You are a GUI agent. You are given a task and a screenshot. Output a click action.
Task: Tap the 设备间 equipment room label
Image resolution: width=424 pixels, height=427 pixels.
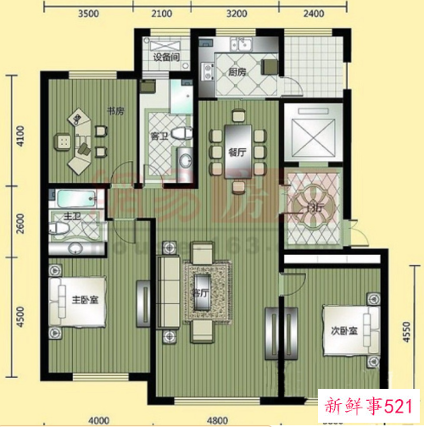point(165,58)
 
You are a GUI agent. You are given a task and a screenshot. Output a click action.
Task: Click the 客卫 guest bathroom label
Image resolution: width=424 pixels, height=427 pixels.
point(159,136)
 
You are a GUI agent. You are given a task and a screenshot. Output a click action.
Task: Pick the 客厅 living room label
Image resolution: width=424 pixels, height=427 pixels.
point(201,294)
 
